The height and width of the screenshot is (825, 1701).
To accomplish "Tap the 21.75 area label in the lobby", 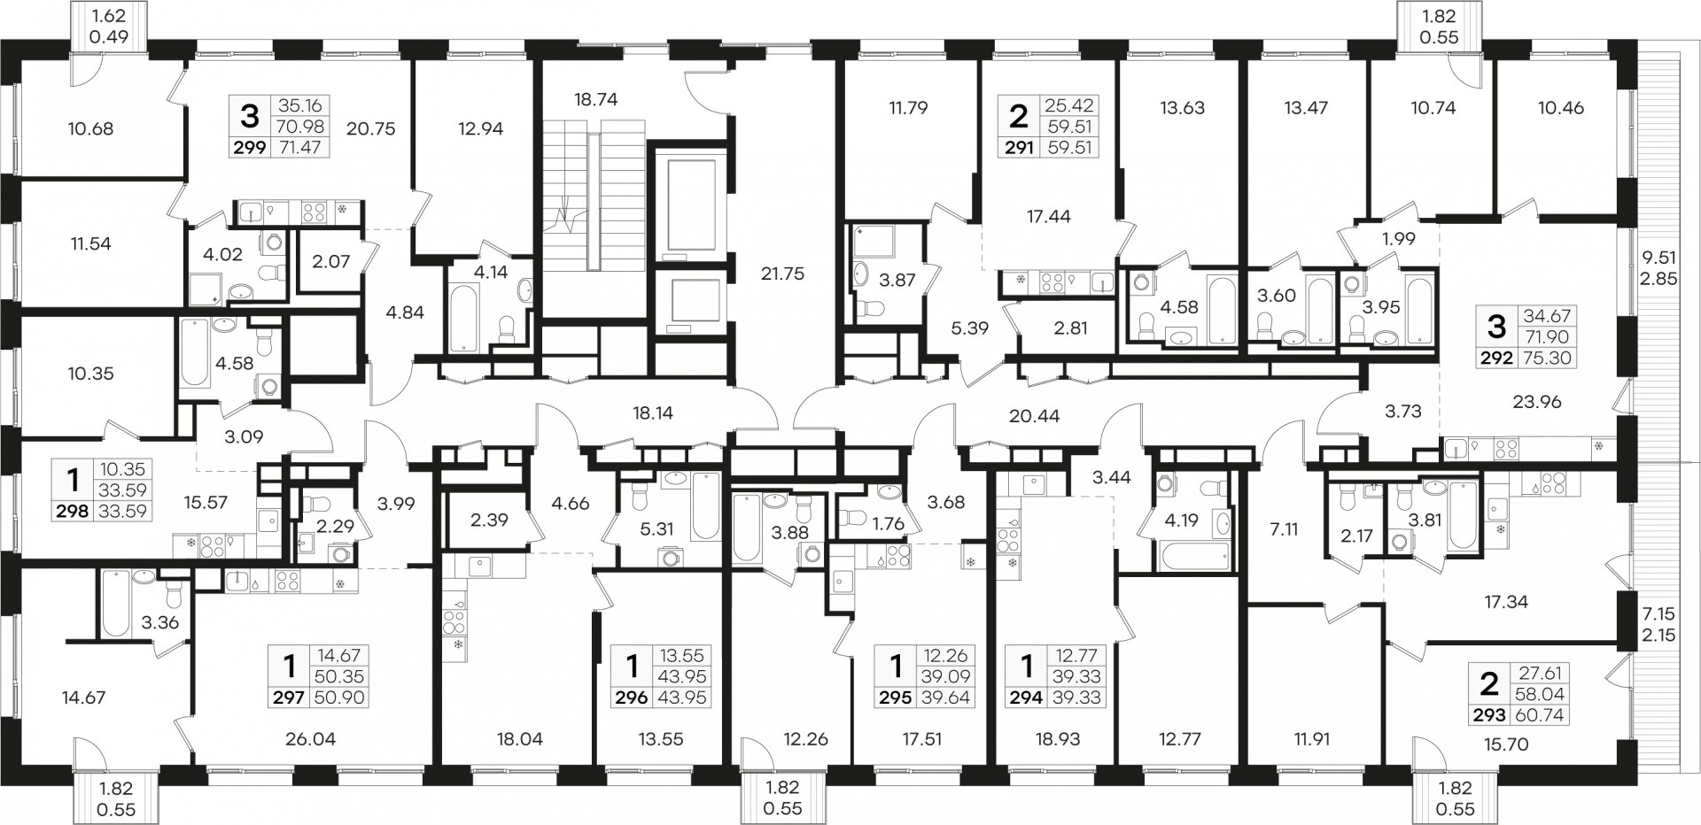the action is coord(782,274).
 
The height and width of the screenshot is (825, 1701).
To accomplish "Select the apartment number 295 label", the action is coord(892,698).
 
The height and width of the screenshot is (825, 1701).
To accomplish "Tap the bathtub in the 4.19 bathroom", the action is coord(1192,558).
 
